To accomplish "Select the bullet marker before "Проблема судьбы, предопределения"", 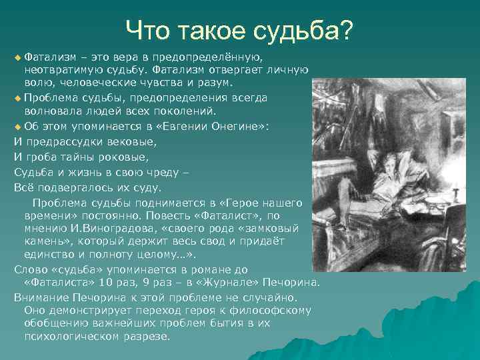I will pyautogui.click(x=17, y=98).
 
